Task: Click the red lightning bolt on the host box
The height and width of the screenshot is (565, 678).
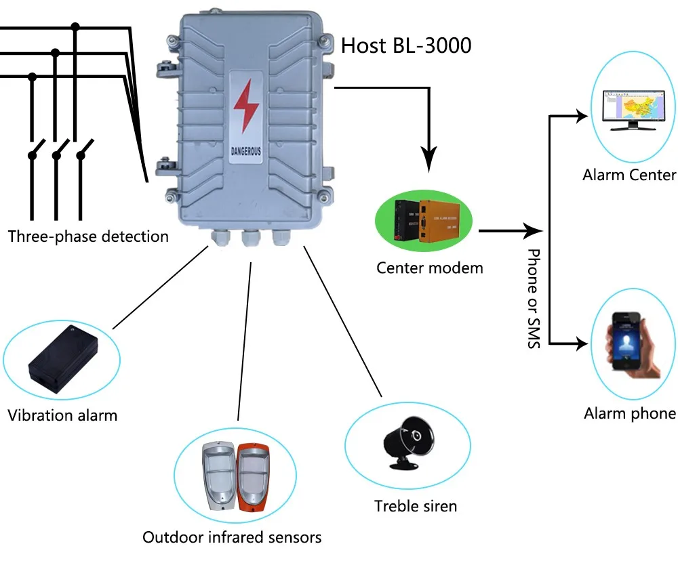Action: point(243,108)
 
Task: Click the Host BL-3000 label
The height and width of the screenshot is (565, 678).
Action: point(405,45)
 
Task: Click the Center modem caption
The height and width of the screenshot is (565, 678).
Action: point(430,268)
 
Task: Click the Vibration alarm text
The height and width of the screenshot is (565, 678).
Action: point(62,415)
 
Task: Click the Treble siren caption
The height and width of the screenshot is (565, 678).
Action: point(416,505)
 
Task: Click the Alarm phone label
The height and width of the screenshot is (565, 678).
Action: point(630,413)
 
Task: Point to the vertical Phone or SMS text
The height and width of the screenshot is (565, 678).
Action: point(534,298)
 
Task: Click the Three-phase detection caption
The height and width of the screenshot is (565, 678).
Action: point(88,236)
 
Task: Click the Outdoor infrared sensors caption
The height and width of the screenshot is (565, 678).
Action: point(232,537)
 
